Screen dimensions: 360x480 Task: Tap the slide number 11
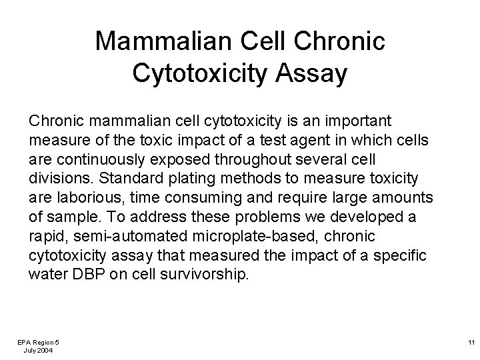(x=470, y=341)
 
